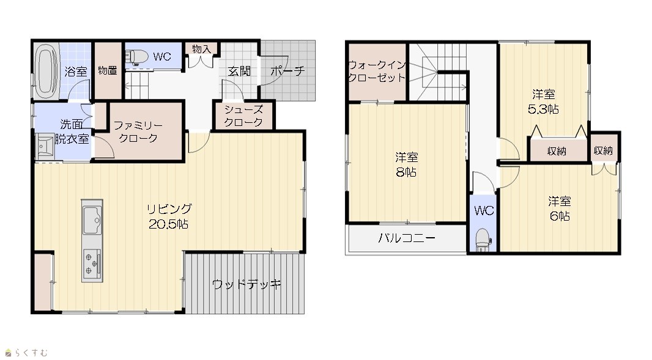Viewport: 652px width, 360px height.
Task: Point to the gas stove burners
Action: (92, 263)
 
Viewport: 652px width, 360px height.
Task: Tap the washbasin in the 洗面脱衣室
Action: (44, 146)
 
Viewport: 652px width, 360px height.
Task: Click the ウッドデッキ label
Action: (246, 285)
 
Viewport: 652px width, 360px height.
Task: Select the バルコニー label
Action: (407, 238)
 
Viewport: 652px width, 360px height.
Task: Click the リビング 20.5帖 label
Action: (169, 216)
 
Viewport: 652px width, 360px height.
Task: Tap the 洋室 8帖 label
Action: (406, 164)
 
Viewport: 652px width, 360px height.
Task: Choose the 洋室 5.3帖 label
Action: (543, 102)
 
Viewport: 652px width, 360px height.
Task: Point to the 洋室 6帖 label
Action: (559, 208)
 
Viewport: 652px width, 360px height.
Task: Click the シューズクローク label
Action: (243, 116)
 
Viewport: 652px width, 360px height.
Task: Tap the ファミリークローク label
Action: (138, 131)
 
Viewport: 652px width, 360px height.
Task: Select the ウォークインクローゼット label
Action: (377, 72)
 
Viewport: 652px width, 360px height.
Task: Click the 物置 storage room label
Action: (108, 71)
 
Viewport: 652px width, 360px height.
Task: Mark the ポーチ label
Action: (287, 71)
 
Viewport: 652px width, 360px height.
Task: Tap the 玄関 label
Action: (239, 71)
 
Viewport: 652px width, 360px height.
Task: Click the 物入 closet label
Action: (201, 49)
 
